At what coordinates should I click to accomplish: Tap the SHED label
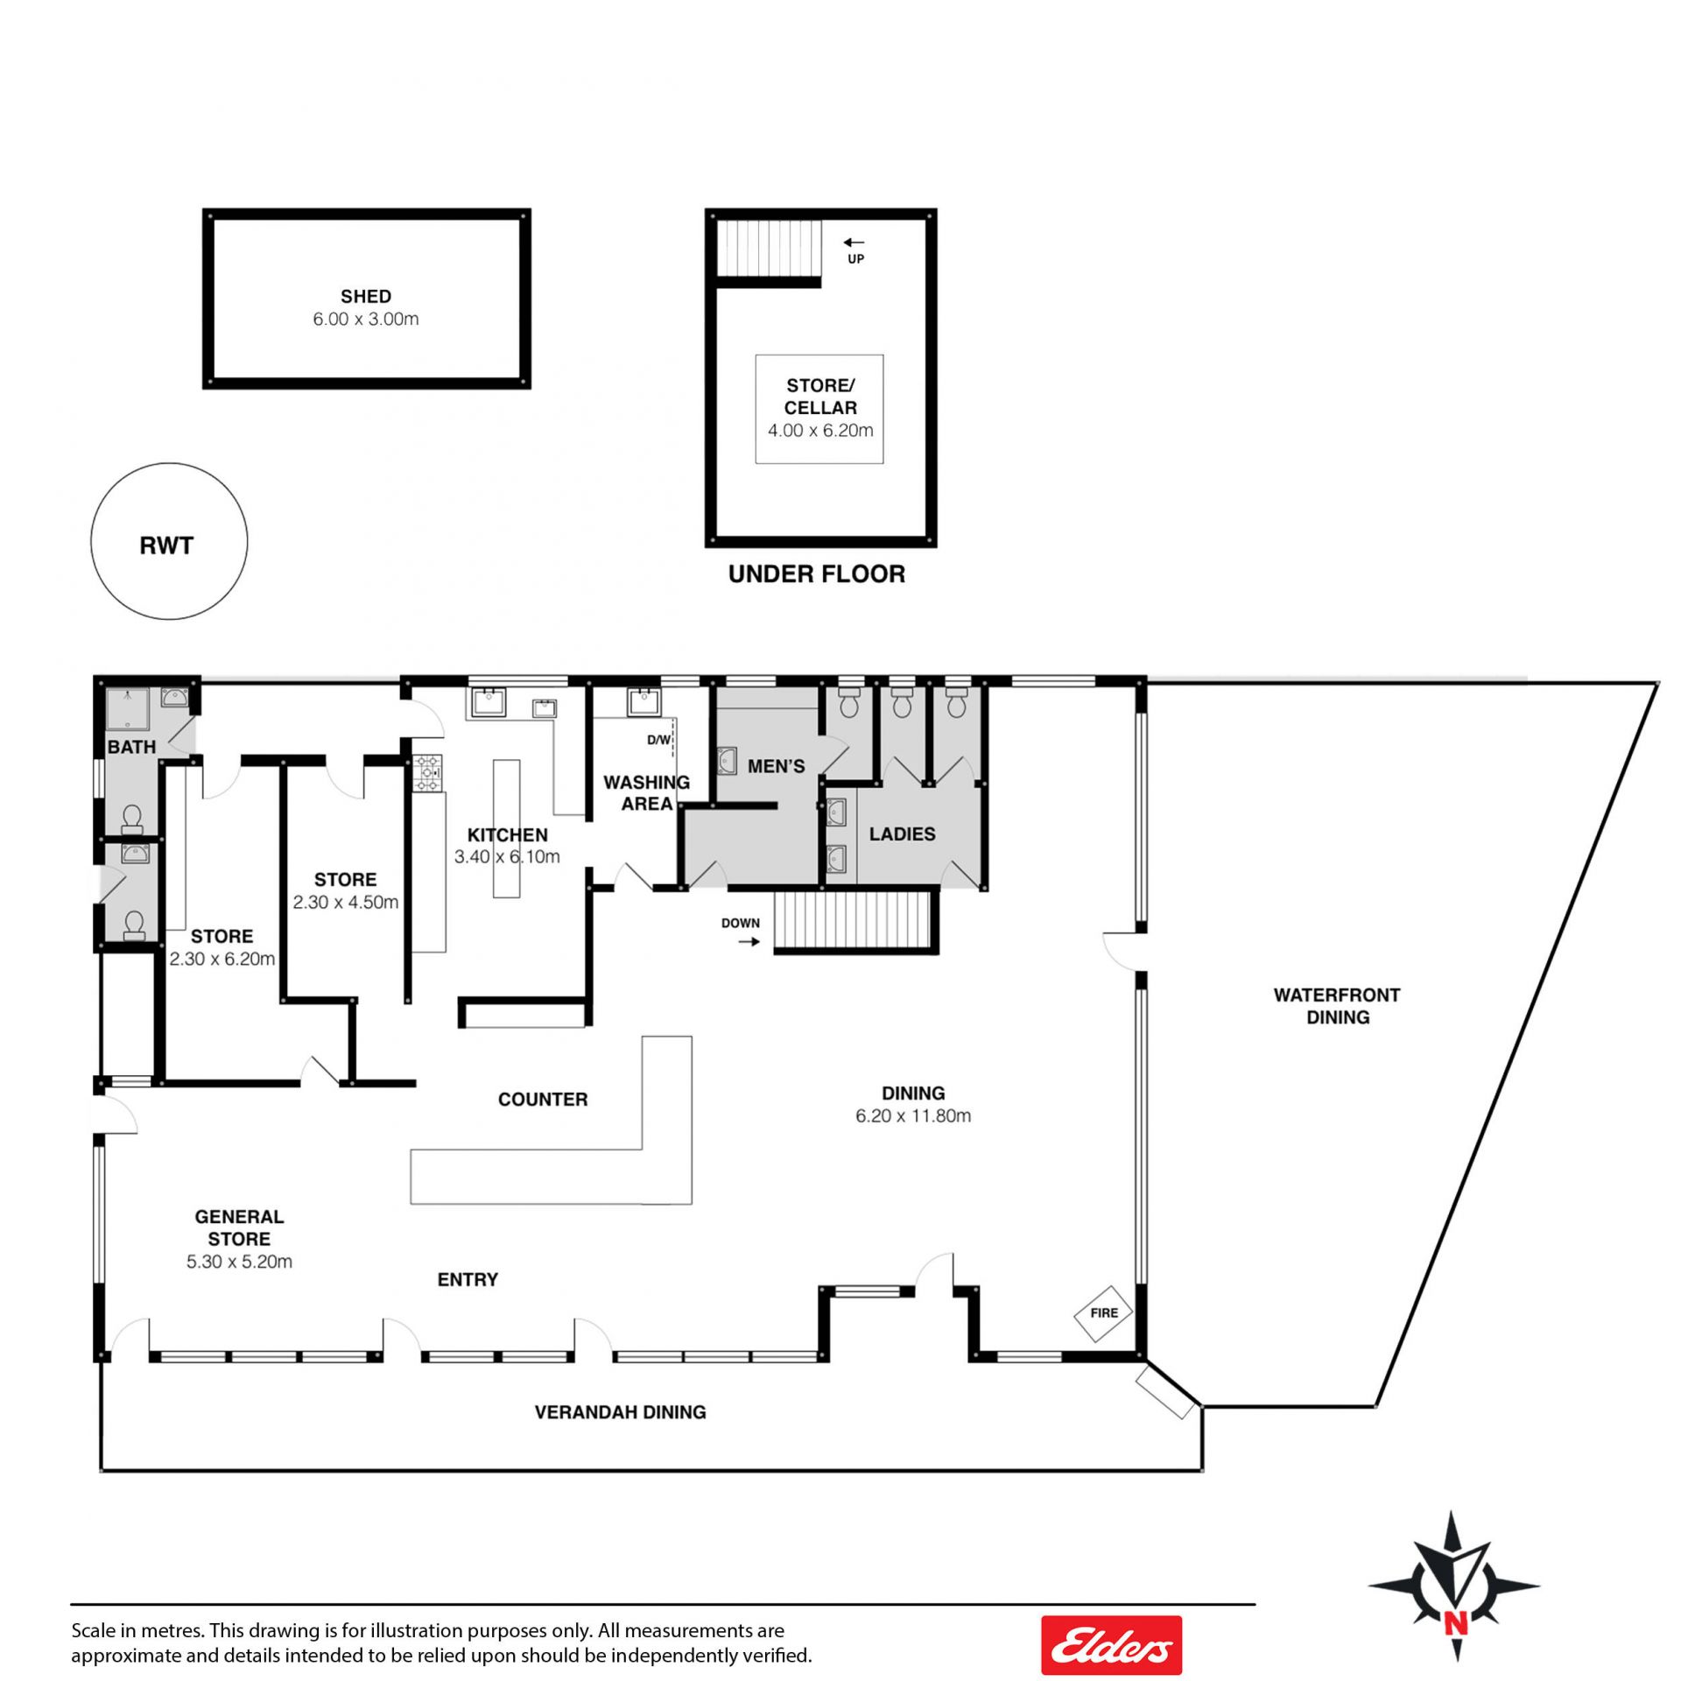[366, 297]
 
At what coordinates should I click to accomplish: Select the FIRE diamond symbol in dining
[1104, 1313]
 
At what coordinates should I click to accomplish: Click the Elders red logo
[1111, 1646]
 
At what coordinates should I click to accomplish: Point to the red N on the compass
[1455, 1624]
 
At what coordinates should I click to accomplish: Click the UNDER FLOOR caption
[817, 574]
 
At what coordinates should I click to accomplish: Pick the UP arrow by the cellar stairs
[854, 243]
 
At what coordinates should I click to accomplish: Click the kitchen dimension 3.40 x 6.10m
[507, 857]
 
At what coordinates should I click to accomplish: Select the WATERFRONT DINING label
[1337, 1006]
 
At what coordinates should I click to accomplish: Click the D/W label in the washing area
[658, 740]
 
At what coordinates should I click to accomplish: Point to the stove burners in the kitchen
[428, 770]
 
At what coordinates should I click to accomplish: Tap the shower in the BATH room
[128, 709]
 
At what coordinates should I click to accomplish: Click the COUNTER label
[543, 1100]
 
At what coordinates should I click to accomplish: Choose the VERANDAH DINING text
[620, 1412]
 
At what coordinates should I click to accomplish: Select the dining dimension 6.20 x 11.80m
[913, 1116]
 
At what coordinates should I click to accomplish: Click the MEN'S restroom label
[776, 767]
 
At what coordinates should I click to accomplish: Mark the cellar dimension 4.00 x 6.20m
[820, 431]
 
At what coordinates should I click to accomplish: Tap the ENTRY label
[468, 1280]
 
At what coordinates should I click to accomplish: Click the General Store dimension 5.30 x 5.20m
[239, 1262]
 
